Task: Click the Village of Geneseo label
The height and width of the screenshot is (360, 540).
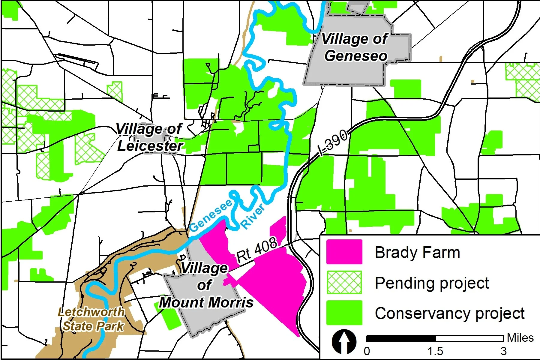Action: click(355, 47)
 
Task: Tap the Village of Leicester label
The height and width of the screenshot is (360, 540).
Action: click(149, 137)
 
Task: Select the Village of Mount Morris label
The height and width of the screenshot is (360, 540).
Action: click(206, 285)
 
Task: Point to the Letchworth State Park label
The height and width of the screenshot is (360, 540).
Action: click(92, 319)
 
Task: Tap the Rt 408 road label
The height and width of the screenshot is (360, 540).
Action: click(256, 250)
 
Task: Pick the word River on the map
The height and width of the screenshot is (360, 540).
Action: click(253, 216)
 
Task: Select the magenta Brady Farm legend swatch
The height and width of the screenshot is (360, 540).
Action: click(344, 252)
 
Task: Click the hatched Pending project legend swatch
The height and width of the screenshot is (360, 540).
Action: click(344, 282)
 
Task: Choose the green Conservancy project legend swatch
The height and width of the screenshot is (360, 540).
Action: click(344, 313)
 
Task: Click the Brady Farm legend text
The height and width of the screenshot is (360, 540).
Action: click(417, 253)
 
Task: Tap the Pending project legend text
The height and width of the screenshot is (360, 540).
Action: click(432, 283)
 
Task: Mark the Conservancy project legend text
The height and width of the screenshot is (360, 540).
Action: click(450, 313)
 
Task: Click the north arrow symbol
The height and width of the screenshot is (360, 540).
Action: click(344, 341)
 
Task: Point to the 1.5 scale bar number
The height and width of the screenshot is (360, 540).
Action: click(435, 351)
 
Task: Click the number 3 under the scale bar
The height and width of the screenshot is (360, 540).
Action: click(503, 351)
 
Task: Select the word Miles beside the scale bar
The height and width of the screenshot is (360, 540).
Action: click(520, 338)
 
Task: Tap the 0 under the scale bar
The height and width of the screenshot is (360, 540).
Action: click(367, 351)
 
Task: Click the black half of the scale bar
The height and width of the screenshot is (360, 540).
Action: click(401, 339)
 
